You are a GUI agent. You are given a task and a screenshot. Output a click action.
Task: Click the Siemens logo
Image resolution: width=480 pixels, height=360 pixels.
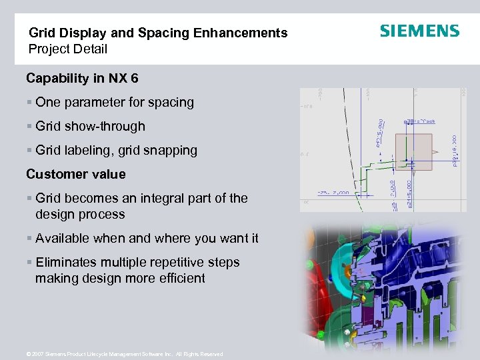point(419,31)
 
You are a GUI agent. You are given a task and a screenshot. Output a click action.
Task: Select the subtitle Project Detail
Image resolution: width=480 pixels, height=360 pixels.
point(67,49)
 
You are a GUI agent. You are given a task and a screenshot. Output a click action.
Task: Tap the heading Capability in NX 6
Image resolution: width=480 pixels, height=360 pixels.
point(82,79)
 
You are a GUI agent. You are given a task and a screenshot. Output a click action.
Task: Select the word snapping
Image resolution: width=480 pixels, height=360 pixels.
point(172,151)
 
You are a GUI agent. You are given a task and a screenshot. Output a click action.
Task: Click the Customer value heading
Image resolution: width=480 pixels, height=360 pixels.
point(75,175)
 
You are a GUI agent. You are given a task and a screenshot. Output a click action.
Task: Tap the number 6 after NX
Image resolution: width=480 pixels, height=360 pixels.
point(135,79)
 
